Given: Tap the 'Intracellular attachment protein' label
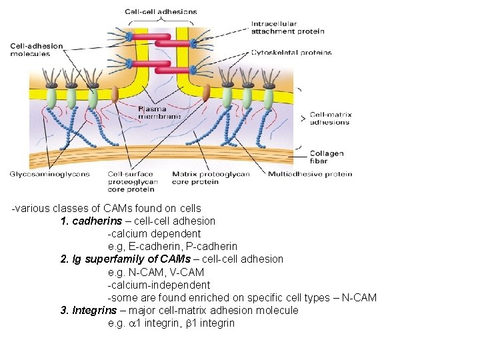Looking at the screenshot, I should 287,27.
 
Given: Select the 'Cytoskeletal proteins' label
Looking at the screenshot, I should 291,52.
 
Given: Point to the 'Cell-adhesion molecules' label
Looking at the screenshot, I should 36,50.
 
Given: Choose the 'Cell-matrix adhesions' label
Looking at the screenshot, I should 331,119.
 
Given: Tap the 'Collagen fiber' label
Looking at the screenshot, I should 327,157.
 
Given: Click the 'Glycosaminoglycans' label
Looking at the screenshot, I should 49,174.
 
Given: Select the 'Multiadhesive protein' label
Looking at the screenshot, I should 310,174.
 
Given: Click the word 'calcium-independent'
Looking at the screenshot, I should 159,285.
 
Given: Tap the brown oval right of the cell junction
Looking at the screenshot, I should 205,93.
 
